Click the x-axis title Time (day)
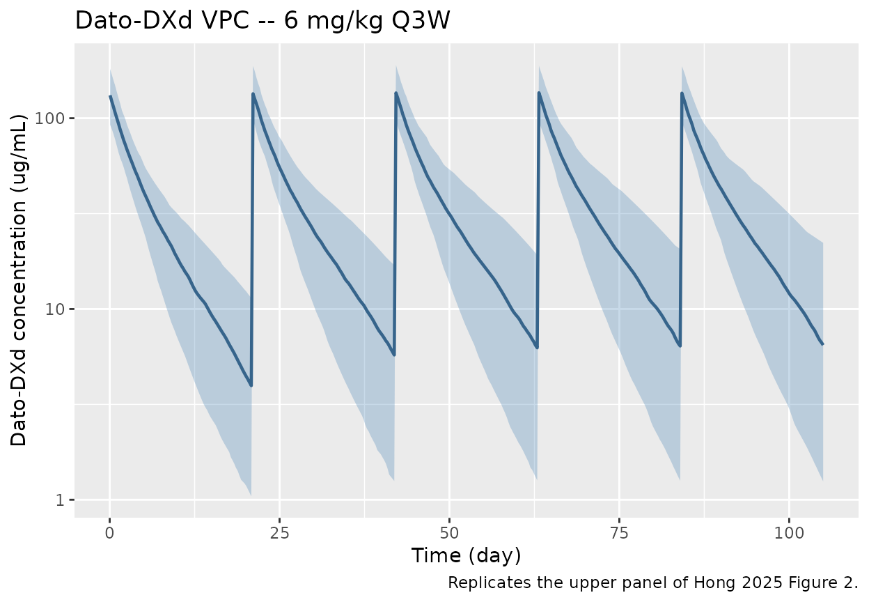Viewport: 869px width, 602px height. click(466, 556)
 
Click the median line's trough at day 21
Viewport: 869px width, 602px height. click(251, 385)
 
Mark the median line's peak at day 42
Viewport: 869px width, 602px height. click(396, 93)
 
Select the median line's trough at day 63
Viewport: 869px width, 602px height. click(537, 347)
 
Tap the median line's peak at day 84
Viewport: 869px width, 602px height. click(682, 93)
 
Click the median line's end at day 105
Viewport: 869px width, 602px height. click(822, 344)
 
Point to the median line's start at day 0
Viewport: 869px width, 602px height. click(110, 97)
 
